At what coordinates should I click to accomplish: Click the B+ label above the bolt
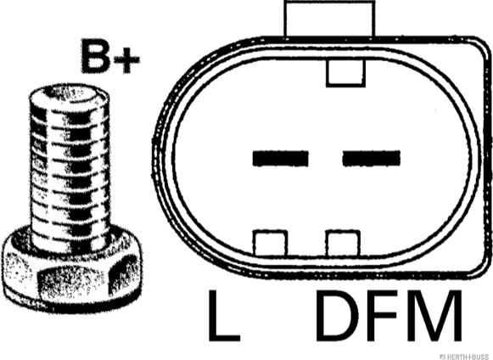pyautogui.click(x=110, y=57)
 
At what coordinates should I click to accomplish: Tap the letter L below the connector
pyautogui.click(x=224, y=316)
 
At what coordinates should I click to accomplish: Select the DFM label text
pyautogui.click(x=389, y=316)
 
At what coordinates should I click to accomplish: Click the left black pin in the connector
pyautogui.click(x=281, y=158)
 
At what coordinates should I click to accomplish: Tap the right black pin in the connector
pyautogui.click(x=372, y=158)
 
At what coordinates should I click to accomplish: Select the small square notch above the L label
pyautogui.click(x=271, y=243)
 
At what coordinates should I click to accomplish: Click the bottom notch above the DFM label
pyautogui.click(x=343, y=243)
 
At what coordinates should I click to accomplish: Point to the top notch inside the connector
pyautogui.click(x=345, y=73)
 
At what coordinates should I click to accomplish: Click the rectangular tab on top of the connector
pyautogui.click(x=329, y=18)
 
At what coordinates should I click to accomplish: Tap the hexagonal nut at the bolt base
pyautogui.click(x=72, y=271)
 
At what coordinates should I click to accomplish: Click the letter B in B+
pyautogui.click(x=95, y=57)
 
